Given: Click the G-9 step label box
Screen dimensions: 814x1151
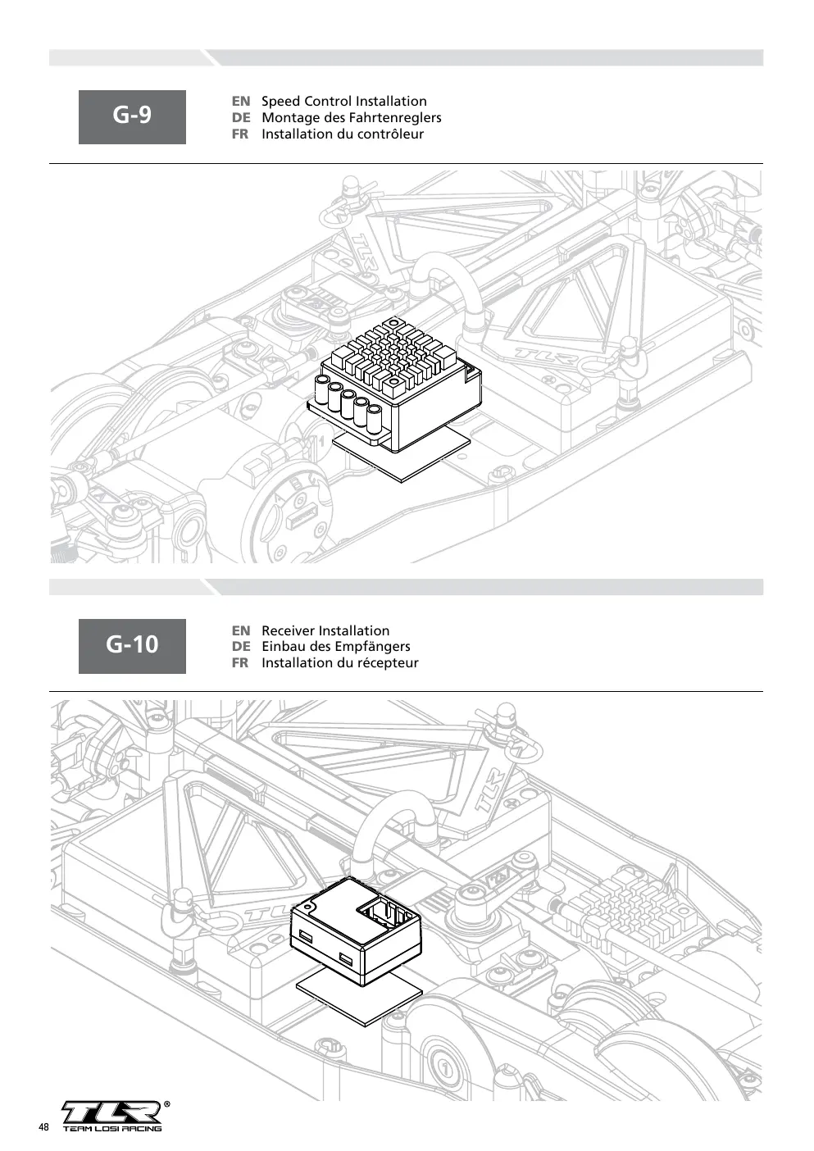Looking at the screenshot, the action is pyautogui.click(x=132, y=116).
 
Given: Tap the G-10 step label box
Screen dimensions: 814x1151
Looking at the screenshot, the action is pyautogui.click(x=132, y=646).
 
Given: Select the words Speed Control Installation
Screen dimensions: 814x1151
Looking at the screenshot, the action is pyautogui.click(x=344, y=101).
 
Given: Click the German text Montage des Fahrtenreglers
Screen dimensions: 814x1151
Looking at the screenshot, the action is pyautogui.click(x=352, y=118).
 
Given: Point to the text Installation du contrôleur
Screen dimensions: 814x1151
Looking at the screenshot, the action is pyautogui.click(x=343, y=134).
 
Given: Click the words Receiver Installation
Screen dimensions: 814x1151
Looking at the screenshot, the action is pyautogui.click(x=325, y=630).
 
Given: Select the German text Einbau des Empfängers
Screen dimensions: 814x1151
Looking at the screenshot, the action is pyautogui.click(x=336, y=646).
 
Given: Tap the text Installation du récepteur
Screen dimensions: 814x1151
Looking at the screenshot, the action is pyautogui.click(x=340, y=663).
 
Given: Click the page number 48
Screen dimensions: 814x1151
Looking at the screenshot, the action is pyautogui.click(x=43, y=1127).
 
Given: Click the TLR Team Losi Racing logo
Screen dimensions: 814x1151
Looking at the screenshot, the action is pyautogui.click(x=112, y=1116).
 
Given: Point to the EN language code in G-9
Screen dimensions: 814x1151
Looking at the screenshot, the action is pyautogui.click(x=241, y=101).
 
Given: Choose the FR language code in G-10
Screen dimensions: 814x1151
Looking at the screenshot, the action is pyautogui.click(x=240, y=663).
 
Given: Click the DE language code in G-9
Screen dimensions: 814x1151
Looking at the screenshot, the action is pyautogui.click(x=241, y=118).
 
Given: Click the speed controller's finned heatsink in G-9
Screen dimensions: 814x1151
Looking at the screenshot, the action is pyautogui.click(x=393, y=354).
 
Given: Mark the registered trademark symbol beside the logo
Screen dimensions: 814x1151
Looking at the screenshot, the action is pyautogui.click(x=166, y=1103).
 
